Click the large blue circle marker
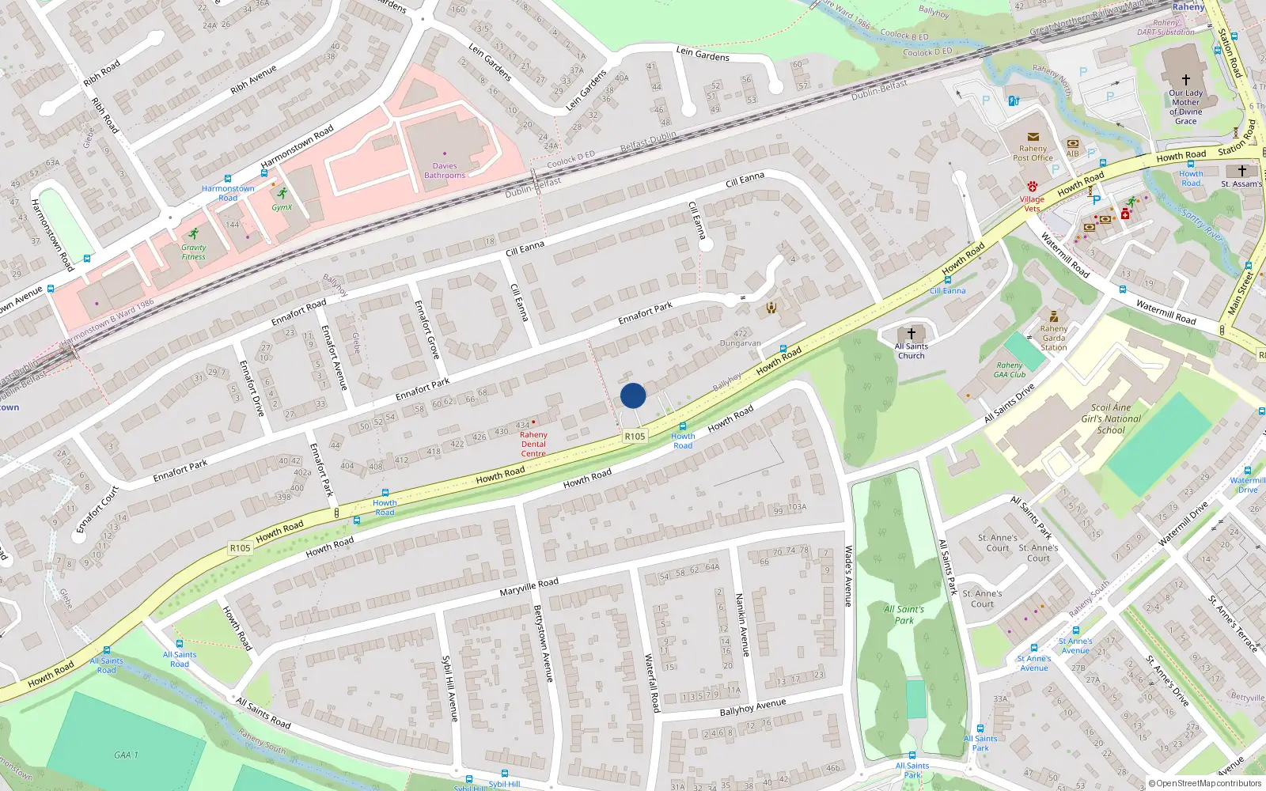633,395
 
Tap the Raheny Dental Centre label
533,444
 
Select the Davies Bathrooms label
445,171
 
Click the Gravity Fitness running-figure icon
194,234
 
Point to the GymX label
282,207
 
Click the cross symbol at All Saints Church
912,334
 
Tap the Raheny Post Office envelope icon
1033,137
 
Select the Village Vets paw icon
1032,187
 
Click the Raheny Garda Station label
1054,338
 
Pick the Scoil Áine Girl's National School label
1111,419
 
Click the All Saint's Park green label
904,615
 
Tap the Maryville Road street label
529,587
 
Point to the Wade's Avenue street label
848,576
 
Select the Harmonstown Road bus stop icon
228,180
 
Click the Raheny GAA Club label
1010,370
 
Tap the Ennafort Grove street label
426,330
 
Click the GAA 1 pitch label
125,755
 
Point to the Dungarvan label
740,343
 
